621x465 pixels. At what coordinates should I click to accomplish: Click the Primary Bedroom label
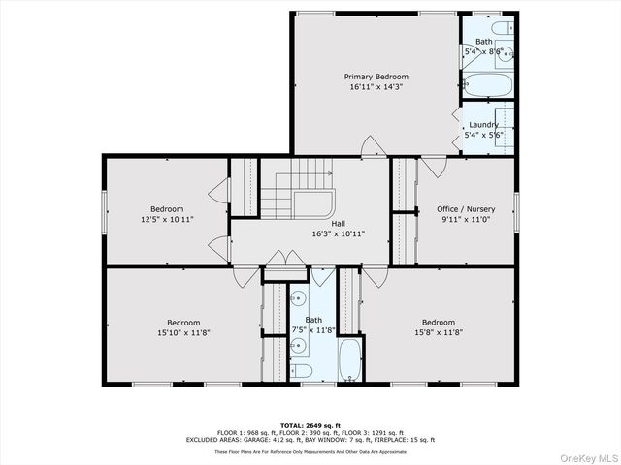(376, 77)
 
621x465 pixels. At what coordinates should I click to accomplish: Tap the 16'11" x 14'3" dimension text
(376, 87)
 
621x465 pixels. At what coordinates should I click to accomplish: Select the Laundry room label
(483, 125)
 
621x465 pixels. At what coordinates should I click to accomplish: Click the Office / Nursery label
(466, 209)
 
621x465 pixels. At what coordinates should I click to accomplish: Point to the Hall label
(338, 223)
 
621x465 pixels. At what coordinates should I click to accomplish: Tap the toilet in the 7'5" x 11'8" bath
(301, 370)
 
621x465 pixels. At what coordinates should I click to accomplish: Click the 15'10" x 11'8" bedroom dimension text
(182, 333)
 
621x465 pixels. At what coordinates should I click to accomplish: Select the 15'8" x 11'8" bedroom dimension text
(438, 333)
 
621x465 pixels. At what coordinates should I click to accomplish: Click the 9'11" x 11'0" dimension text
(466, 220)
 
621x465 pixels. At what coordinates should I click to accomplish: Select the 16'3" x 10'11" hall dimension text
(338, 233)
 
